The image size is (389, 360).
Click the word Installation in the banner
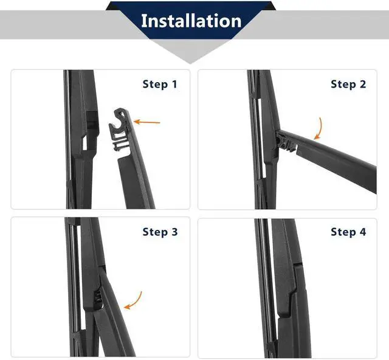click(x=191, y=21)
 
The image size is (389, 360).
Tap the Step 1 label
click(x=160, y=84)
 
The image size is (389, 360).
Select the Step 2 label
click(x=348, y=84)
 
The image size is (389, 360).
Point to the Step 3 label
click(x=160, y=232)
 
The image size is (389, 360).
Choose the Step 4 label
click(x=348, y=232)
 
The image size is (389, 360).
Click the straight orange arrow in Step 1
click(x=147, y=122)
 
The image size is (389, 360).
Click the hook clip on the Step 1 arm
click(x=120, y=129)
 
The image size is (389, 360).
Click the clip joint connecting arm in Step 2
click(x=286, y=142)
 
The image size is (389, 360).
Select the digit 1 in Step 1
click(x=174, y=84)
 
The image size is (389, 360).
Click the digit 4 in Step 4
click(x=363, y=232)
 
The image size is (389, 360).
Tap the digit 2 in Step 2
click(x=363, y=84)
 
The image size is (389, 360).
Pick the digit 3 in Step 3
click(x=174, y=232)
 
